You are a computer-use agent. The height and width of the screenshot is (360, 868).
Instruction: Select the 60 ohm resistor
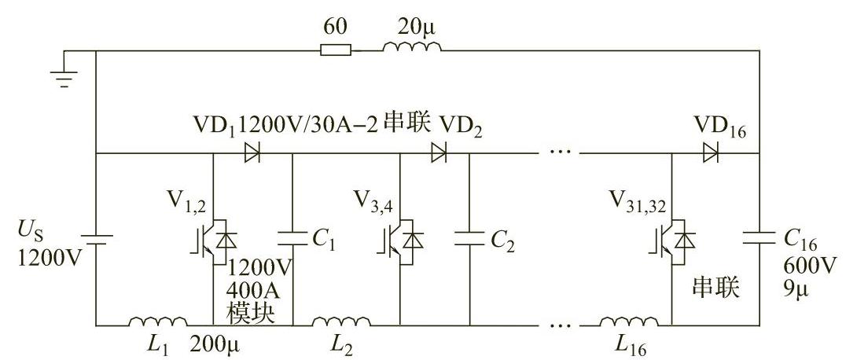click(336, 51)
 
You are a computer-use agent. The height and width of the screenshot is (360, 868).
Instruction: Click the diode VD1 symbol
click(252, 154)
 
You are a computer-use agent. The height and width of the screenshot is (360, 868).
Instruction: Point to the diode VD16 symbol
click(710, 154)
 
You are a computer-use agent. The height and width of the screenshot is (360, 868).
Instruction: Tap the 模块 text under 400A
click(251, 313)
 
